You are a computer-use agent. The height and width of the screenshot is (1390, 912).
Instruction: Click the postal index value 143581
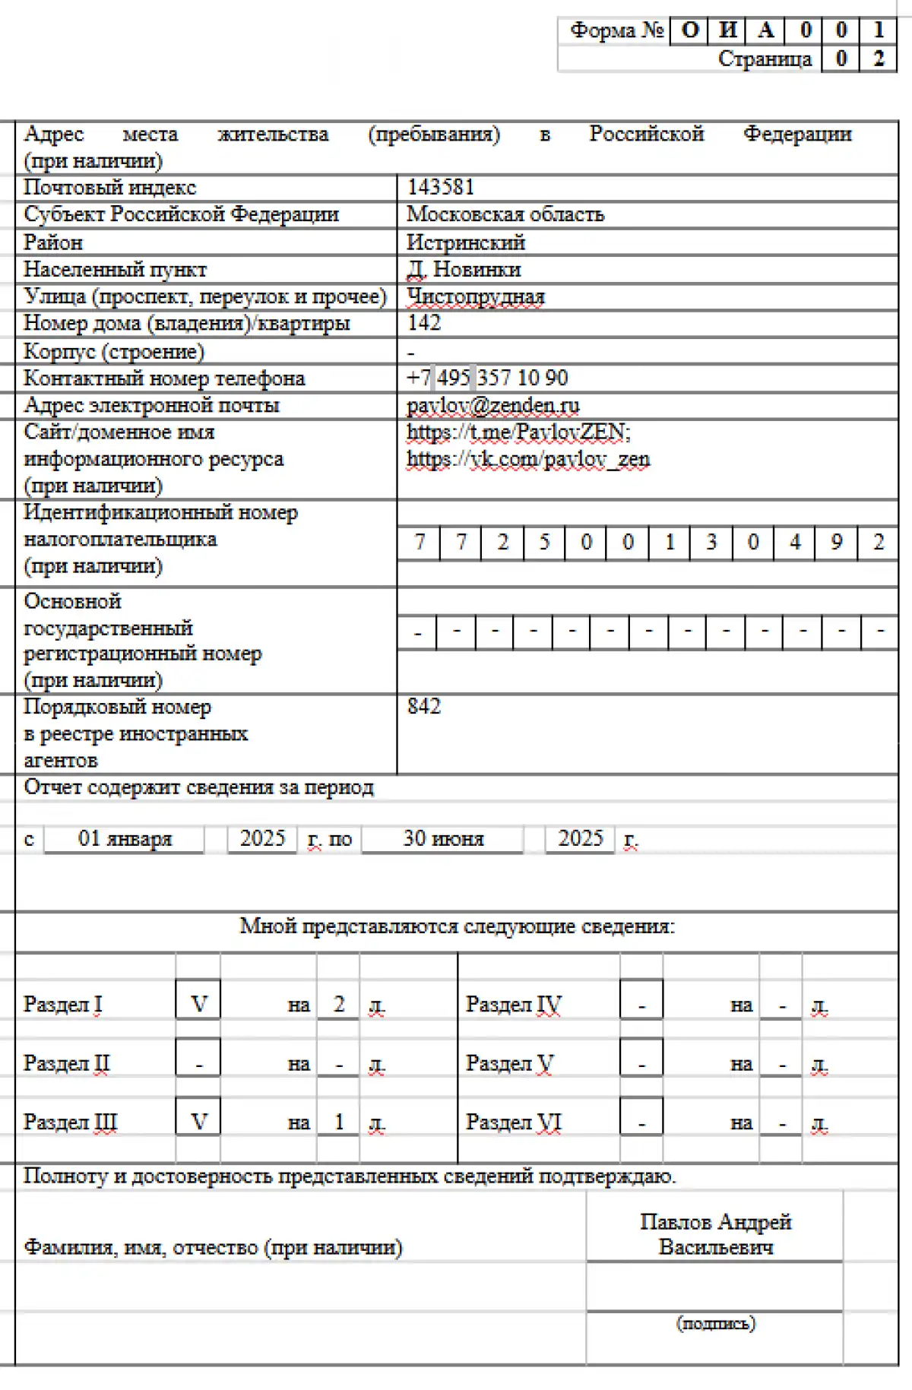pos(441,187)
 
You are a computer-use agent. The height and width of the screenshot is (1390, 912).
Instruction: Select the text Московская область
pos(505,214)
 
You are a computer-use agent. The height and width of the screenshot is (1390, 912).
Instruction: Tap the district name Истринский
pos(466,242)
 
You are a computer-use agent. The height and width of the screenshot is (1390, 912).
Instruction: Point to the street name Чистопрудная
pos(476,296)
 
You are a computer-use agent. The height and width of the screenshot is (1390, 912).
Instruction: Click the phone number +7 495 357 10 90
pos(487,378)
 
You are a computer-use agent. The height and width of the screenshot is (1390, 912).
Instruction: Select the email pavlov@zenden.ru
pos(493,405)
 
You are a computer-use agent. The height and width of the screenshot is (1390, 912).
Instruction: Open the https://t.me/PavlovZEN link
pos(518,432)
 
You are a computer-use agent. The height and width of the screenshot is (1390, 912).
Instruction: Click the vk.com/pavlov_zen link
pos(528,459)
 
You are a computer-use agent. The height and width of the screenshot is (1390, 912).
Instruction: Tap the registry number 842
pos(424,707)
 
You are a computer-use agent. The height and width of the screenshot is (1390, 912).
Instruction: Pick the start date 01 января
pos(125,838)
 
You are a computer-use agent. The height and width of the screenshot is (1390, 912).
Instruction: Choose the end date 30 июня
pos(443,838)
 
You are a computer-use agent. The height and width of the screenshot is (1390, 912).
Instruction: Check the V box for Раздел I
pos(198,1004)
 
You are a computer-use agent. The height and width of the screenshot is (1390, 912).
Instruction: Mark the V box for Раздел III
pos(198,1122)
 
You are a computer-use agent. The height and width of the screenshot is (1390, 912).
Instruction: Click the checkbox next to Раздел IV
pos(641,1005)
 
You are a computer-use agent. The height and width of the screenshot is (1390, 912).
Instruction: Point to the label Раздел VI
pos(513,1122)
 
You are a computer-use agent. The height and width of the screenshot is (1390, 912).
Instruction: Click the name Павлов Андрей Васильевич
pos(715,1234)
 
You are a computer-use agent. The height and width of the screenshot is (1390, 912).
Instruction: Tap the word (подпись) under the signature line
pos(716,1323)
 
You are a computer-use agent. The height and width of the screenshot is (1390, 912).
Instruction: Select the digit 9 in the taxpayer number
pos(836,543)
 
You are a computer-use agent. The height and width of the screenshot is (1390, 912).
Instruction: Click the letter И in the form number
pos(727,30)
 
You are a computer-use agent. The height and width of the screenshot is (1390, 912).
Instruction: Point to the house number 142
pos(424,323)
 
